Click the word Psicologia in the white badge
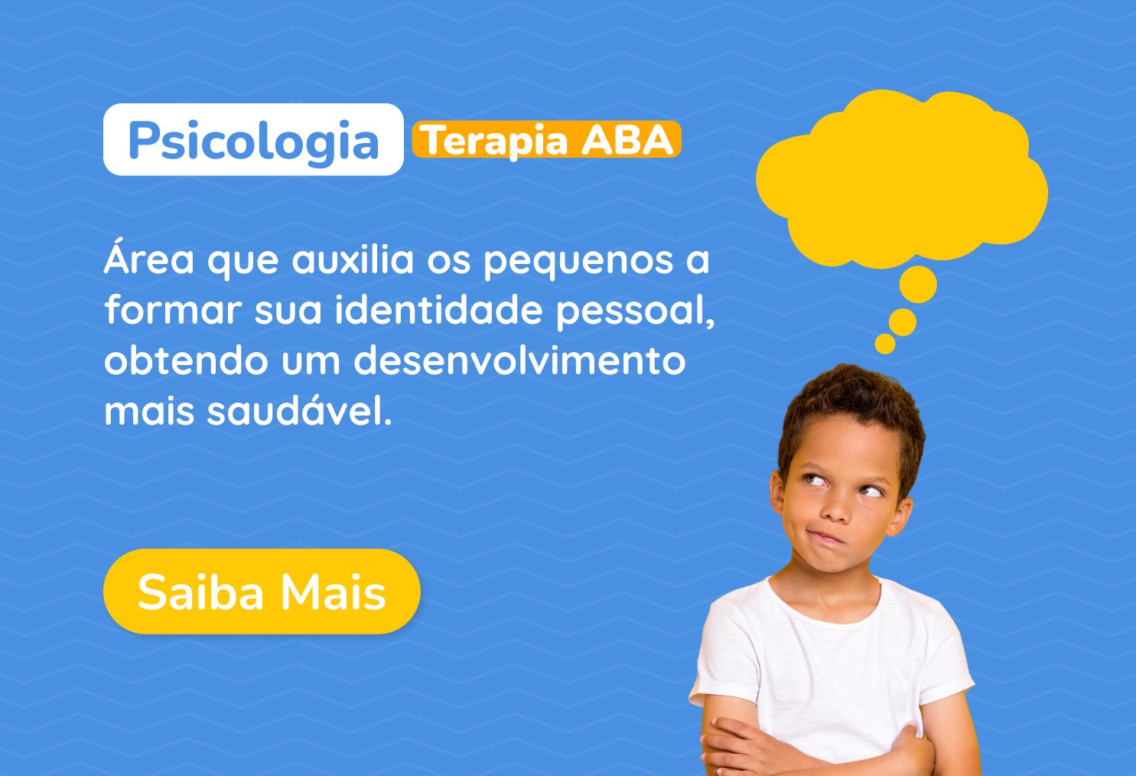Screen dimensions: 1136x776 click(x=253, y=141)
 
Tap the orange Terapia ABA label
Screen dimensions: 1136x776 click(x=546, y=139)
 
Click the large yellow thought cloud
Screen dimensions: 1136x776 click(x=901, y=178)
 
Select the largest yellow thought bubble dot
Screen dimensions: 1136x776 click(x=918, y=285)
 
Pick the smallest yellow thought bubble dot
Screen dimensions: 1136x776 click(x=885, y=344)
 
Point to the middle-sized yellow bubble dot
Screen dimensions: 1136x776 click(x=903, y=322)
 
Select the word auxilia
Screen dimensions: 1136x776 click(x=353, y=259)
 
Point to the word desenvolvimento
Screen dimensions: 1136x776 click(x=519, y=360)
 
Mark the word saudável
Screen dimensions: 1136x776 click(x=299, y=409)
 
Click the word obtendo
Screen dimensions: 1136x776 click(x=186, y=360)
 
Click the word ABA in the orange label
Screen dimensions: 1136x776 click(x=627, y=139)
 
